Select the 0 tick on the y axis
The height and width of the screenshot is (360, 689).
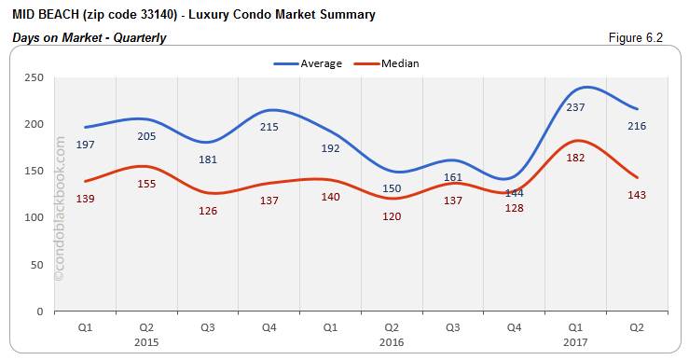point(41,312)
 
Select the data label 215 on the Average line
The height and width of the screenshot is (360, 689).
point(269,127)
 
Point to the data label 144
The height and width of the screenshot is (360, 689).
point(514,193)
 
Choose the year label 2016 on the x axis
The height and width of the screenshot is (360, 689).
point(393,342)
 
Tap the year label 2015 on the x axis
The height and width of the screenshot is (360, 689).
point(146,342)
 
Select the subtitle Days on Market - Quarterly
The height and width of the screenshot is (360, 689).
point(89,38)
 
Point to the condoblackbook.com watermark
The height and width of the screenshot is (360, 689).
point(61,209)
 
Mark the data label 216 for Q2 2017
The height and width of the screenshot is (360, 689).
point(638,126)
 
